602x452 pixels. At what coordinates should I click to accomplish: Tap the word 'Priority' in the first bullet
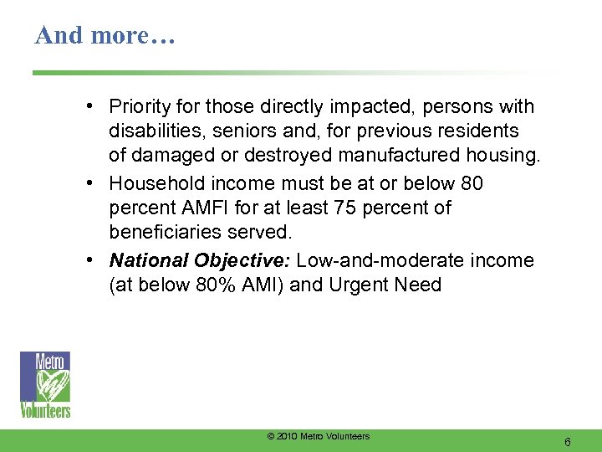click(138, 107)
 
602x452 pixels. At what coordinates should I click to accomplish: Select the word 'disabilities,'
click(156, 131)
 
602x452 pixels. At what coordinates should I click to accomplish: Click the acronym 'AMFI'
click(203, 208)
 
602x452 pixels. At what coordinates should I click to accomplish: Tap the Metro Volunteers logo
click(45, 384)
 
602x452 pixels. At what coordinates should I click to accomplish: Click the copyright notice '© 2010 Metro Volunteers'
click(318, 436)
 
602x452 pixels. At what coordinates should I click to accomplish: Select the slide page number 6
click(568, 441)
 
